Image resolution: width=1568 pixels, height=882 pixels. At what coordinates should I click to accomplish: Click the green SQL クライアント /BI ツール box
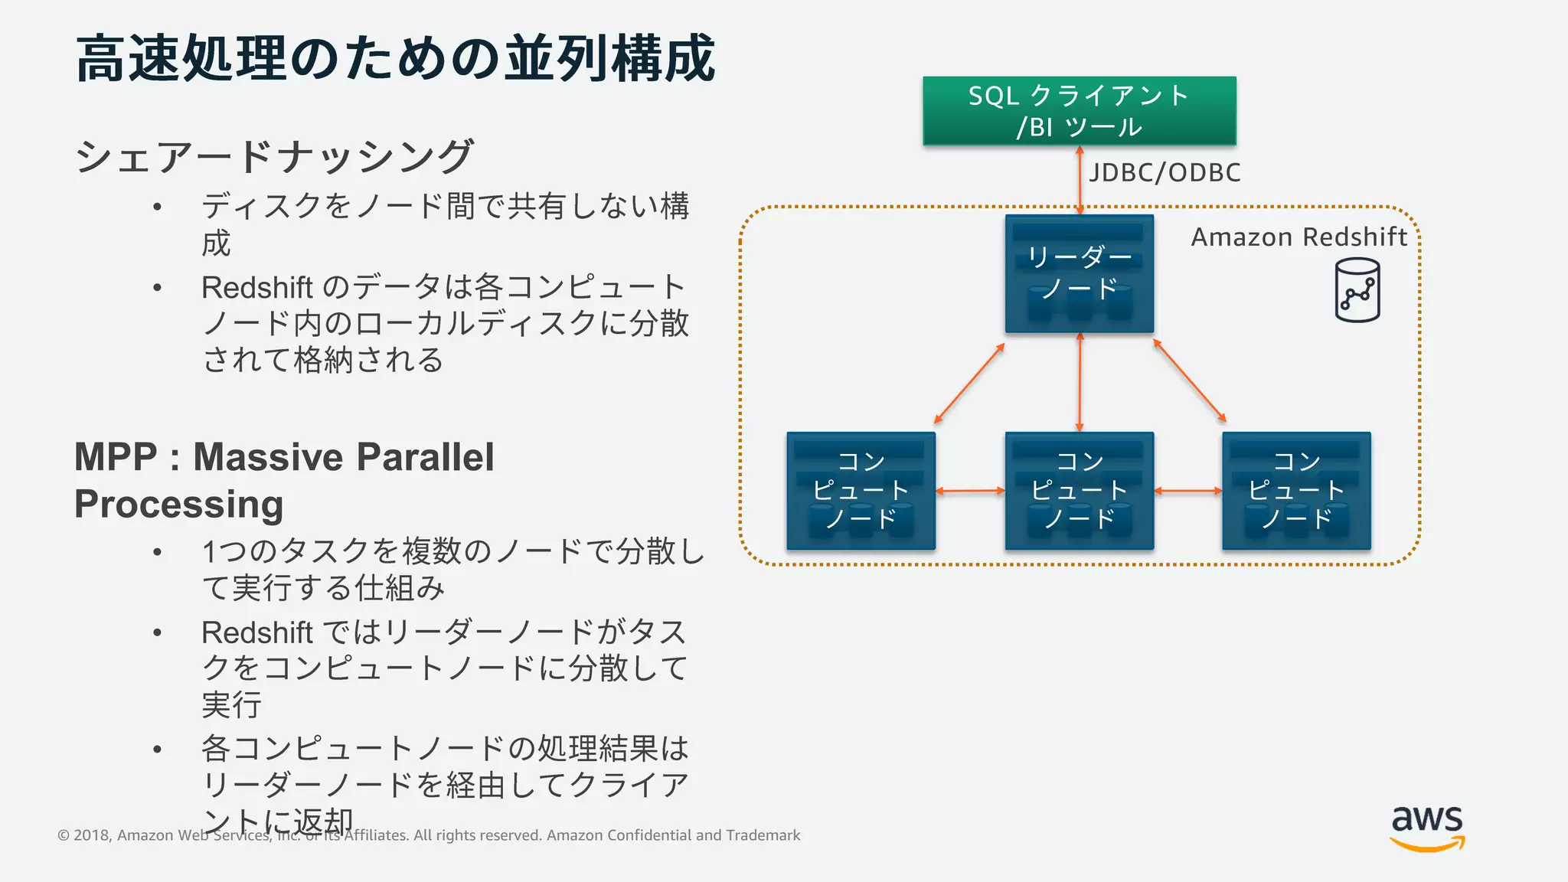point(1079,111)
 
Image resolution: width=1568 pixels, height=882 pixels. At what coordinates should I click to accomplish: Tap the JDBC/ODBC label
point(1165,173)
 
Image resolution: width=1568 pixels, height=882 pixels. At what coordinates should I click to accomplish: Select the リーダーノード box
point(1079,273)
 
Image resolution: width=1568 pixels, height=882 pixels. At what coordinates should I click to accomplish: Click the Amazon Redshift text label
point(1298,237)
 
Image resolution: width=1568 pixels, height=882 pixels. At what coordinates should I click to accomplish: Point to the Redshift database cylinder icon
point(1357,290)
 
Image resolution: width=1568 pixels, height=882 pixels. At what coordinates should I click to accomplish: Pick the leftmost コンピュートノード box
point(861,491)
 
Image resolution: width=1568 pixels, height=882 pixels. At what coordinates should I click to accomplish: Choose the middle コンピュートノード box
point(1079,491)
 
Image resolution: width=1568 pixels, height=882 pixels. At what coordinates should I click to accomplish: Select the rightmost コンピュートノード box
point(1296,491)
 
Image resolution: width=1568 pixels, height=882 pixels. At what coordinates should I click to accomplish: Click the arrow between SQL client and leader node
point(1080,181)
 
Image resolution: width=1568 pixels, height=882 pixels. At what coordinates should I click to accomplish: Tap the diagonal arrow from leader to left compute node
point(969,384)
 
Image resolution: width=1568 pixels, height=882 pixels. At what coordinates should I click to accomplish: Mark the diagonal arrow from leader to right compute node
point(1190,381)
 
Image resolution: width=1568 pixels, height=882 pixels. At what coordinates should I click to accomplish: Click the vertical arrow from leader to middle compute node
point(1080,383)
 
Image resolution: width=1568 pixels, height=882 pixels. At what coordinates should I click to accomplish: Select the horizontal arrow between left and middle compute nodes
point(970,491)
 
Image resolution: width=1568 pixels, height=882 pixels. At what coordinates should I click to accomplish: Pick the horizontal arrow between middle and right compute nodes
point(1187,491)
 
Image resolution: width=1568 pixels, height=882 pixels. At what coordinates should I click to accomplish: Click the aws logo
point(1427,827)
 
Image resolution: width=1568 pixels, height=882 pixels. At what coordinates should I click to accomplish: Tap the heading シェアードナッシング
point(274,156)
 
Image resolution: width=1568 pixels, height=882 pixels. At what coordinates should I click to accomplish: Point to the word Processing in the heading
point(178,505)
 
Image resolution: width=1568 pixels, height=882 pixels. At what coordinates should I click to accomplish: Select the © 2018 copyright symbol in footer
point(64,835)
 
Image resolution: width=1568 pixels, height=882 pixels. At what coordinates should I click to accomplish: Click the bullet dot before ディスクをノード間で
point(157,207)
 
